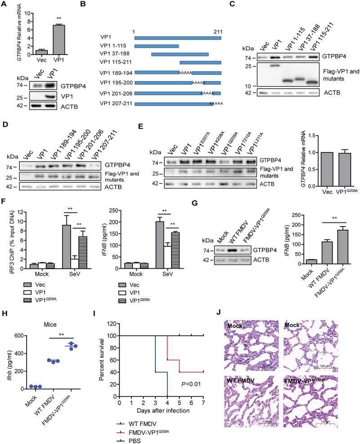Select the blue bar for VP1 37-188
coord(180,54)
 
